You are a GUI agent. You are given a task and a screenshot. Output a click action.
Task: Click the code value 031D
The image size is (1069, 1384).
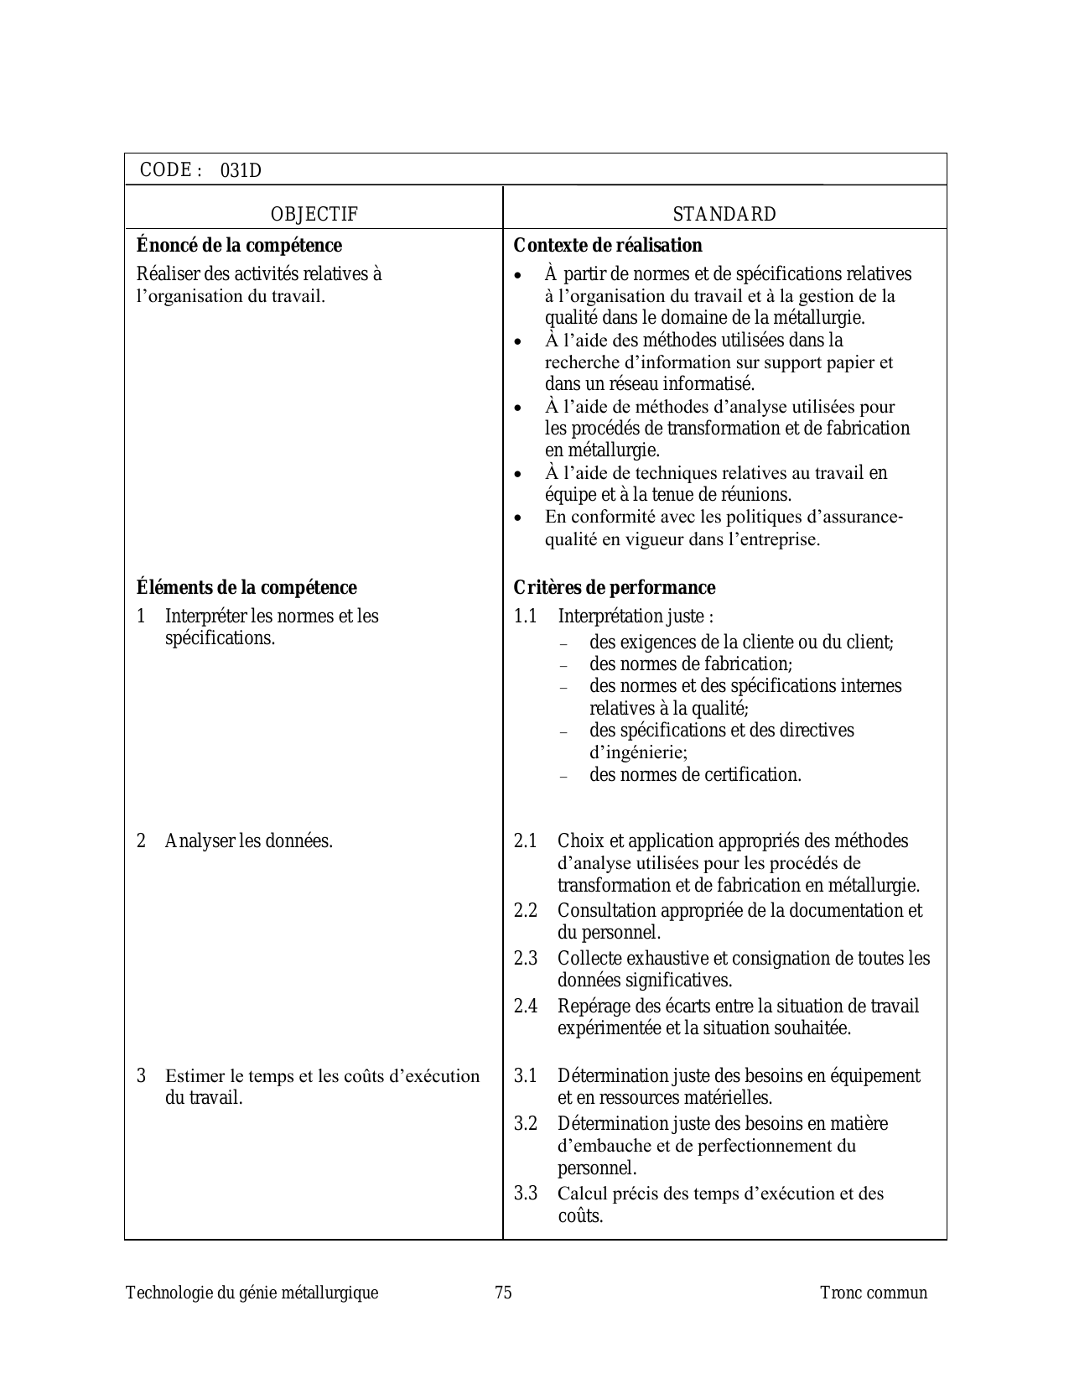241,171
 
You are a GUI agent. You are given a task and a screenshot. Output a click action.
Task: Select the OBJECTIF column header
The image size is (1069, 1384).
314,215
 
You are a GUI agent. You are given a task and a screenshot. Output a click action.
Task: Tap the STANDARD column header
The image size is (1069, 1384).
724,215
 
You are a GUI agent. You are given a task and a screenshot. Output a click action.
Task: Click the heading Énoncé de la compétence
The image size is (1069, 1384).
239,246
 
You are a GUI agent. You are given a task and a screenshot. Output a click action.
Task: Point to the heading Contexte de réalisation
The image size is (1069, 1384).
608,246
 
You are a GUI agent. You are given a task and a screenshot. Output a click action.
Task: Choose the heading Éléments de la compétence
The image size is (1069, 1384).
246,587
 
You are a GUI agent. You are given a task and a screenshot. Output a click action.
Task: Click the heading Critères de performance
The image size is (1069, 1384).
615,587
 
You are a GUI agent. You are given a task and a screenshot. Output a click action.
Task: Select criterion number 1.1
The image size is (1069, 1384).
525,617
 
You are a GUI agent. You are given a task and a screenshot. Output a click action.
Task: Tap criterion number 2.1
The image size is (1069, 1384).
525,840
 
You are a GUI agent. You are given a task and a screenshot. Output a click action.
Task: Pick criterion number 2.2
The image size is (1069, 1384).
525,910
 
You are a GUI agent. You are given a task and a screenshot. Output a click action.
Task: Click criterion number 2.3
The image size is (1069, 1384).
525,958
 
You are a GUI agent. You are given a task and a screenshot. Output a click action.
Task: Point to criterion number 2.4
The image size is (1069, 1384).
525,1006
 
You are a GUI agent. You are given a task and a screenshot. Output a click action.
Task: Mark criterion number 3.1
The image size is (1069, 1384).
525,1075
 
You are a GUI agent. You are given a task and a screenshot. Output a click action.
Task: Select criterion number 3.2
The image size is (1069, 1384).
525,1123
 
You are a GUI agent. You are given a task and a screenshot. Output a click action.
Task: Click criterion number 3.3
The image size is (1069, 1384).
525,1193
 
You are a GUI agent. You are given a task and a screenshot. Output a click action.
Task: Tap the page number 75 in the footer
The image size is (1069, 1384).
503,1293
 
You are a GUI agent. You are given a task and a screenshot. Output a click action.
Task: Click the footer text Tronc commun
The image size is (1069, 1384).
874,1293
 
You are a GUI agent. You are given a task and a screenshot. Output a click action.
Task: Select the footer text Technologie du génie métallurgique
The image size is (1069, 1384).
252,1293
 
